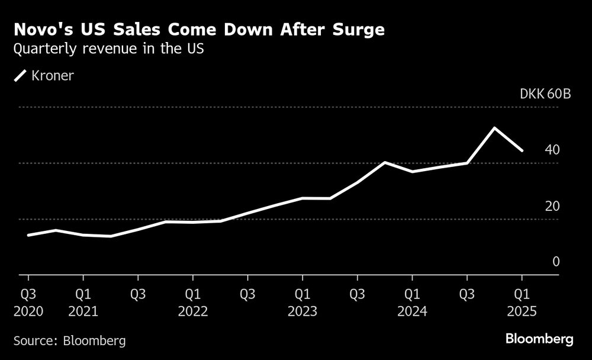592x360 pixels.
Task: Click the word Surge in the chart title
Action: [358, 30]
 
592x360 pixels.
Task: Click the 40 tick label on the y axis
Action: [552, 150]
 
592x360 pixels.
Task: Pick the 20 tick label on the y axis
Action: [552, 206]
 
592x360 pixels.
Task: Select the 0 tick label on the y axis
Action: [555, 262]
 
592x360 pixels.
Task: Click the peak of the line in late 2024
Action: [494, 128]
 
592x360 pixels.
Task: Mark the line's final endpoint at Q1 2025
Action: [522, 150]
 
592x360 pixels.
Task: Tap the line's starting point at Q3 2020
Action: [28, 235]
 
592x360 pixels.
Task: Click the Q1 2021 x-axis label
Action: [83, 301]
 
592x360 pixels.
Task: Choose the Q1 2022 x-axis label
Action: [192, 301]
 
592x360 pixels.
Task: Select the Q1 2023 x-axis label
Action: [302, 301]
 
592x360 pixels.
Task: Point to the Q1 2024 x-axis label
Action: [412, 301]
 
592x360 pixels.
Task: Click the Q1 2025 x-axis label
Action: [522, 301]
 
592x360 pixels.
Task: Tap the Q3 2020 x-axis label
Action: [28, 301]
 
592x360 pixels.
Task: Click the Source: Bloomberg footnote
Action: [70, 340]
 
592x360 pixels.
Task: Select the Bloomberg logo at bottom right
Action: [539, 339]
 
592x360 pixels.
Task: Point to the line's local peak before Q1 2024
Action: [385, 162]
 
